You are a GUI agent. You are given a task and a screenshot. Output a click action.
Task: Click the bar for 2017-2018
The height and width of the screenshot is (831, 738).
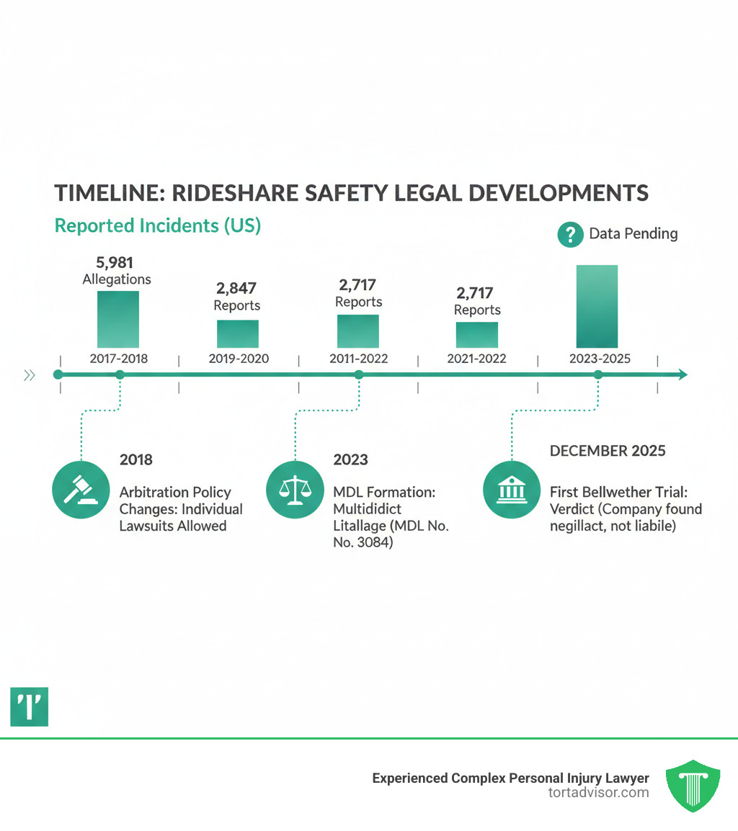(118, 320)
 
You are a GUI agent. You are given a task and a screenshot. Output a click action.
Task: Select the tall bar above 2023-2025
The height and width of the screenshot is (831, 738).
(597, 307)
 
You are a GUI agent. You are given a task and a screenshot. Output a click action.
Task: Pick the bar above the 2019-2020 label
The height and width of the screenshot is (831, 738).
(238, 334)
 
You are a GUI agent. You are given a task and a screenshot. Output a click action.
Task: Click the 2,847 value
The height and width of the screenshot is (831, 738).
(237, 289)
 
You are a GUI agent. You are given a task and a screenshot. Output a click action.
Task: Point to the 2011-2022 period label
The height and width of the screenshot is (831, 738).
(358, 358)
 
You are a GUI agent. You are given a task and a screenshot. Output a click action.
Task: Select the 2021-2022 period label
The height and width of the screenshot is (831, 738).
(477, 358)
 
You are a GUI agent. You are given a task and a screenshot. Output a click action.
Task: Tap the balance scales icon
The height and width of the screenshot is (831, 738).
(294, 489)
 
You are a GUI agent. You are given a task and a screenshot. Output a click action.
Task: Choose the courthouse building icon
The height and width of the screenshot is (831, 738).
(510, 489)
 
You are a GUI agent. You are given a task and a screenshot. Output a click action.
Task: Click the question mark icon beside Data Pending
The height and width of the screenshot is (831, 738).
(570, 234)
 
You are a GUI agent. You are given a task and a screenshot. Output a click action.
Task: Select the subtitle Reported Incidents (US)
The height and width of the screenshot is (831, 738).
(158, 225)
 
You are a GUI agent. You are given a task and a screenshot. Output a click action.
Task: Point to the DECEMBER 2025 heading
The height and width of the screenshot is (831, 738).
(608, 451)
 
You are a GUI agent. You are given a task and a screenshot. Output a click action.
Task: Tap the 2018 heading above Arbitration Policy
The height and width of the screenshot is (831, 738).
(136, 459)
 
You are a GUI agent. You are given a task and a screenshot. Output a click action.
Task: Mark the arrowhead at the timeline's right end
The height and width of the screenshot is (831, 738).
(682, 374)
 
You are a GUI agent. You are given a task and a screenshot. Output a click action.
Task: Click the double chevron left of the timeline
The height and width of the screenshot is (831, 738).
(30, 374)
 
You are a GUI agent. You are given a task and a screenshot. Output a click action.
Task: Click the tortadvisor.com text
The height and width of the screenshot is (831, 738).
(598, 793)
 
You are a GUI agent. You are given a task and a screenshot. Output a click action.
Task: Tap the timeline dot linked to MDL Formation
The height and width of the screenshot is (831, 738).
(358, 374)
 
